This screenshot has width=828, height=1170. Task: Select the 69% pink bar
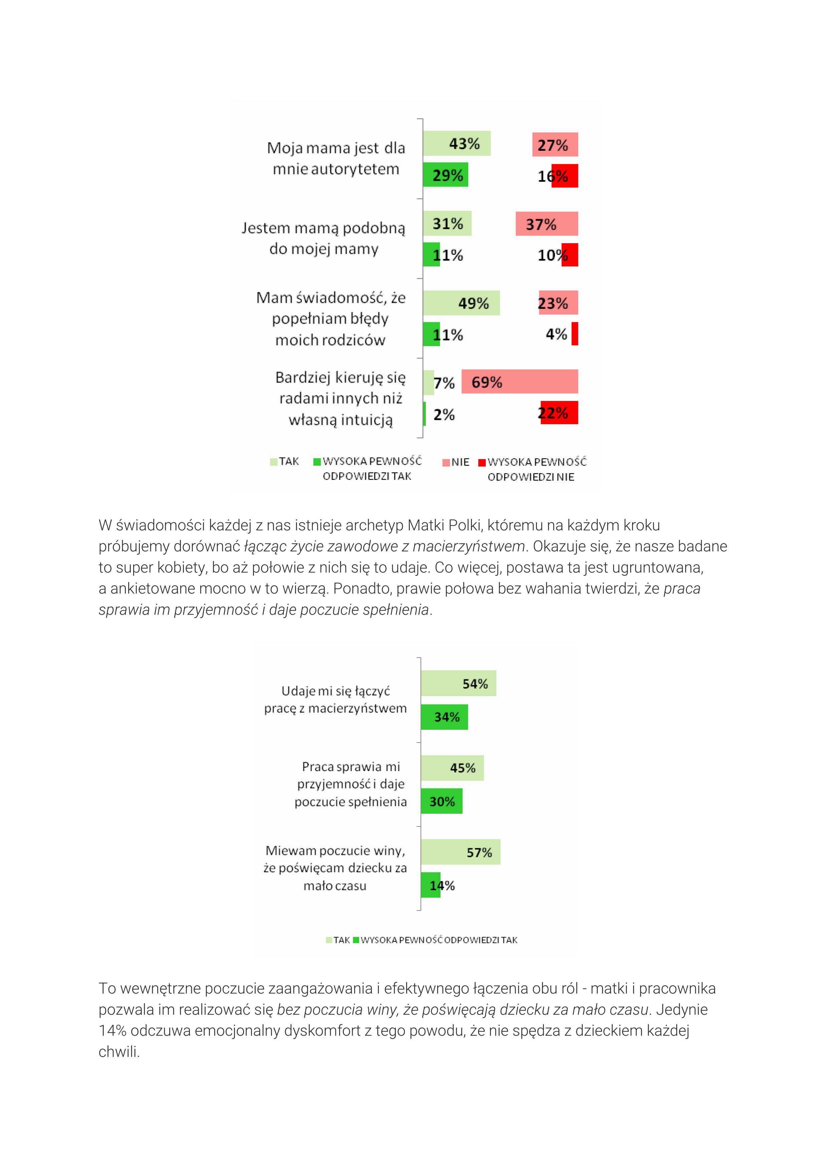tap(520, 381)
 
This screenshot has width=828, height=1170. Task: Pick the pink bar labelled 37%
tap(547, 224)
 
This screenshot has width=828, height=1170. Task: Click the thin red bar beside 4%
tap(575, 334)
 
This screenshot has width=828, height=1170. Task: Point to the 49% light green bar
tap(461, 303)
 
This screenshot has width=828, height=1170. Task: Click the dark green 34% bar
tap(444, 716)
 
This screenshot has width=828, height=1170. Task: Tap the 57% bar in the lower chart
tap(461, 851)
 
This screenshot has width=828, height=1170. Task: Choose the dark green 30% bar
tap(442, 801)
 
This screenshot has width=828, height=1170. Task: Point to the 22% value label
tap(553, 413)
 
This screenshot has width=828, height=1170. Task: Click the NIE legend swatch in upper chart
tap(446, 462)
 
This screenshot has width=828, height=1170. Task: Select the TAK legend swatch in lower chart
tap(329, 940)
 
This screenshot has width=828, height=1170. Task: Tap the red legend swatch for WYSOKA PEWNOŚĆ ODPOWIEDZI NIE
tap(481, 462)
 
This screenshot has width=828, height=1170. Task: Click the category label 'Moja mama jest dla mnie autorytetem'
tap(336, 158)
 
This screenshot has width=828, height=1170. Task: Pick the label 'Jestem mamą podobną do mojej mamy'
tap(324, 238)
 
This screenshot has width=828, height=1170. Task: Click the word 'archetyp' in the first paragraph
tap(374, 525)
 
